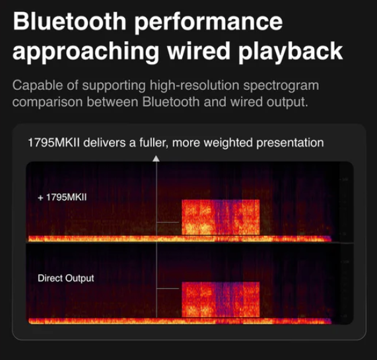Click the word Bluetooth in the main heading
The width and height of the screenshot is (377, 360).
click(x=70, y=22)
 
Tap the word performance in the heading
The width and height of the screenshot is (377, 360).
click(x=208, y=24)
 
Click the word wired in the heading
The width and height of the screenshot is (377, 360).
click(x=199, y=50)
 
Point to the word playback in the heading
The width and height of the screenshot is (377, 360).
click(x=291, y=53)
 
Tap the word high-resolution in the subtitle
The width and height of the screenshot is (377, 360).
click(x=195, y=86)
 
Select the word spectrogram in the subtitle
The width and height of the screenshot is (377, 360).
click(x=281, y=87)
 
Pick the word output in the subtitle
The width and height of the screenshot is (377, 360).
click(x=287, y=102)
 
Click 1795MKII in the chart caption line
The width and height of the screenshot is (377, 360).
click(x=53, y=143)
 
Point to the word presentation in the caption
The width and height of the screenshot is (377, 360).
click(x=290, y=143)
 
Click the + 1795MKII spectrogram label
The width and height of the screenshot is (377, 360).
click(x=62, y=198)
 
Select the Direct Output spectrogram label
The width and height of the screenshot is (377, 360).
click(x=66, y=278)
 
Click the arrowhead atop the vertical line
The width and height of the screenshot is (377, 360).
click(x=156, y=159)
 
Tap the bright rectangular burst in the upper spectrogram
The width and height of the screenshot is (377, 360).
click(x=221, y=217)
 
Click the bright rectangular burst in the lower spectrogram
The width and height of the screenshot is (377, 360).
click(x=221, y=299)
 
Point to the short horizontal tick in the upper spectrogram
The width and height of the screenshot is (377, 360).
click(x=168, y=222)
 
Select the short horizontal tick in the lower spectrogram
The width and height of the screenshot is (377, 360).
click(x=168, y=288)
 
